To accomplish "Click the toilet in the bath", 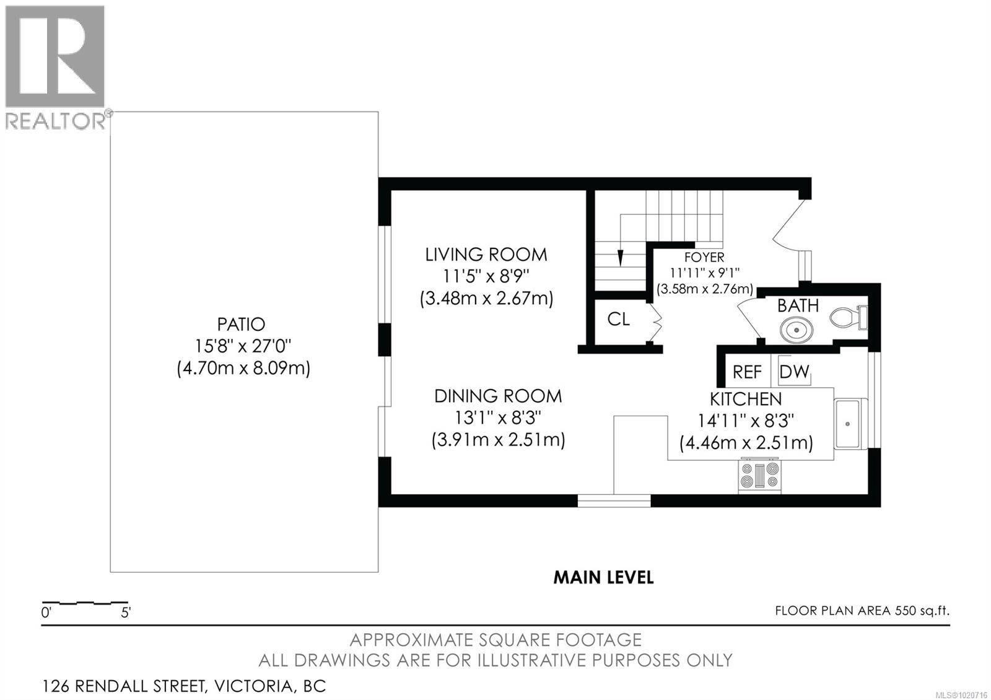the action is (x=849, y=317).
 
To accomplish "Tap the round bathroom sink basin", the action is (x=797, y=330).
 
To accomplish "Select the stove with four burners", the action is (x=759, y=476).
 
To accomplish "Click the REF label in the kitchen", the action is (x=747, y=372).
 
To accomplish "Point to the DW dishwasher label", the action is (x=794, y=372).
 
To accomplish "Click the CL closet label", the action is (x=619, y=318).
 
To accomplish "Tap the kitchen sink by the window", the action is (x=850, y=424).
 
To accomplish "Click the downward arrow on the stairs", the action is (x=620, y=258).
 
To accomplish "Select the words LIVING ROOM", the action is (x=486, y=255).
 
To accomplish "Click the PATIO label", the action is (x=241, y=325).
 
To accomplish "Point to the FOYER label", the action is (x=704, y=257).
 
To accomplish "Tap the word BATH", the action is (x=798, y=305).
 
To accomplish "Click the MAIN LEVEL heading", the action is (x=603, y=577).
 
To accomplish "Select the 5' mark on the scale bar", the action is (x=126, y=613).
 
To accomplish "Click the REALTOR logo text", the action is (x=56, y=120).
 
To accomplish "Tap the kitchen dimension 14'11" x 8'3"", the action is (x=746, y=421).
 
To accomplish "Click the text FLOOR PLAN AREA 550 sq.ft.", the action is (x=862, y=611).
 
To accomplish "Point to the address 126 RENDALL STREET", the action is (x=124, y=686).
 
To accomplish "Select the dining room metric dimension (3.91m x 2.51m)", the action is (x=498, y=440).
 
